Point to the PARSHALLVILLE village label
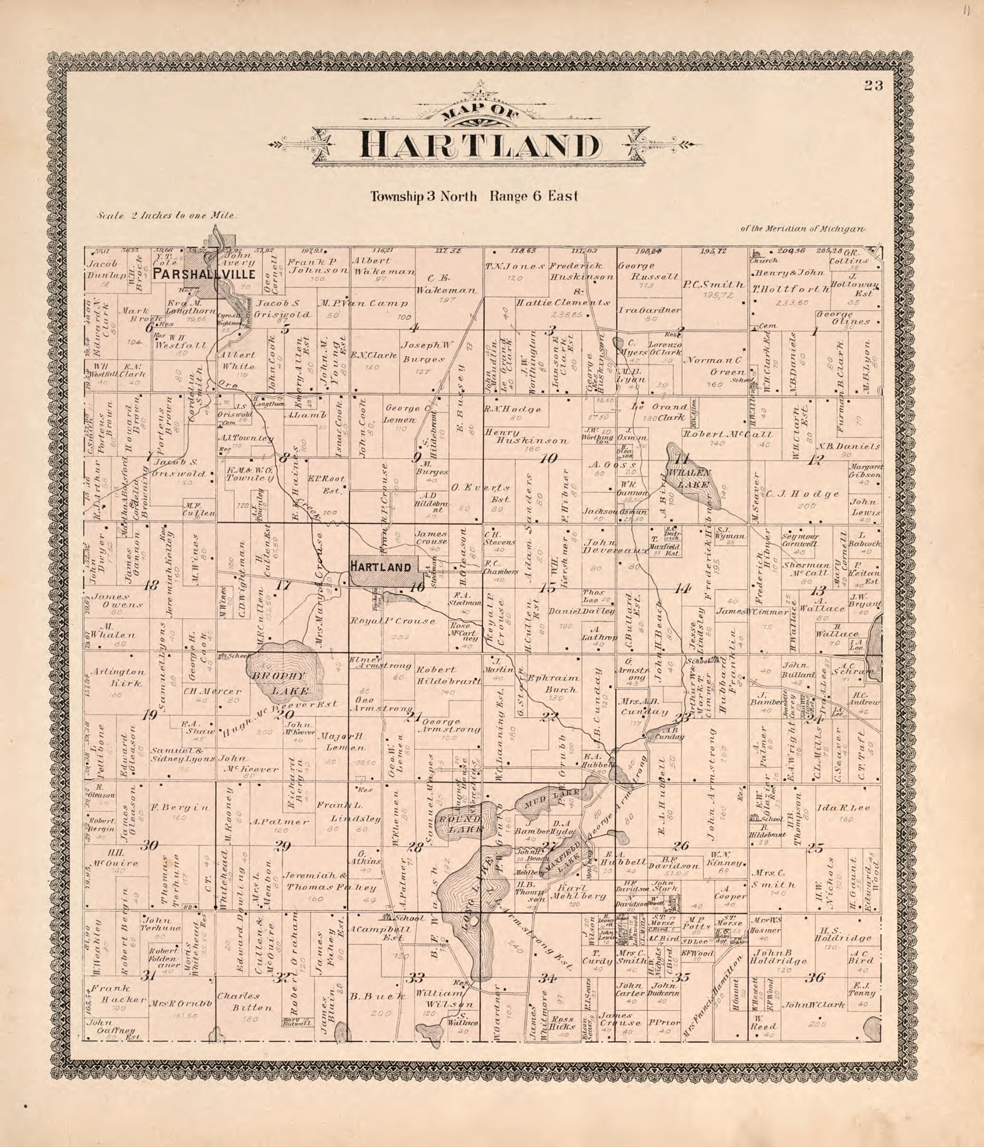pyautogui.click(x=204, y=274)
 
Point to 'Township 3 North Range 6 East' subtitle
pyautogui.click(x=474, y=196)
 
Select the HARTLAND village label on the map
pyautogui.click(x=380, y=567)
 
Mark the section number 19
pyautogui.click(x=149, y=715)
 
